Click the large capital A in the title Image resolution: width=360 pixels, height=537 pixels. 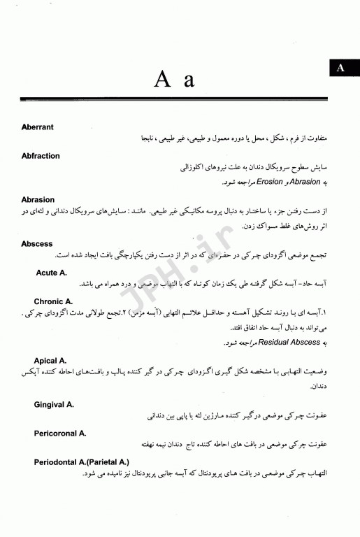(162, 79)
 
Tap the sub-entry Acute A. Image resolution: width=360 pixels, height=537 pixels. (51, 272)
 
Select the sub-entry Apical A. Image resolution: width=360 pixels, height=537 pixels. (50, 360)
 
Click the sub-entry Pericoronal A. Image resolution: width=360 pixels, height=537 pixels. (60, 433)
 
